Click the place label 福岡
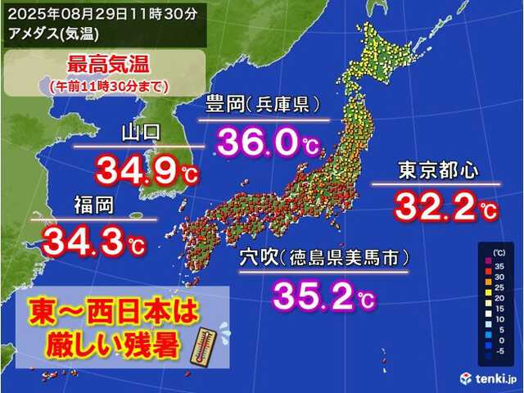pos(93,205)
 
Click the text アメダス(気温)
pos(45,30)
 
